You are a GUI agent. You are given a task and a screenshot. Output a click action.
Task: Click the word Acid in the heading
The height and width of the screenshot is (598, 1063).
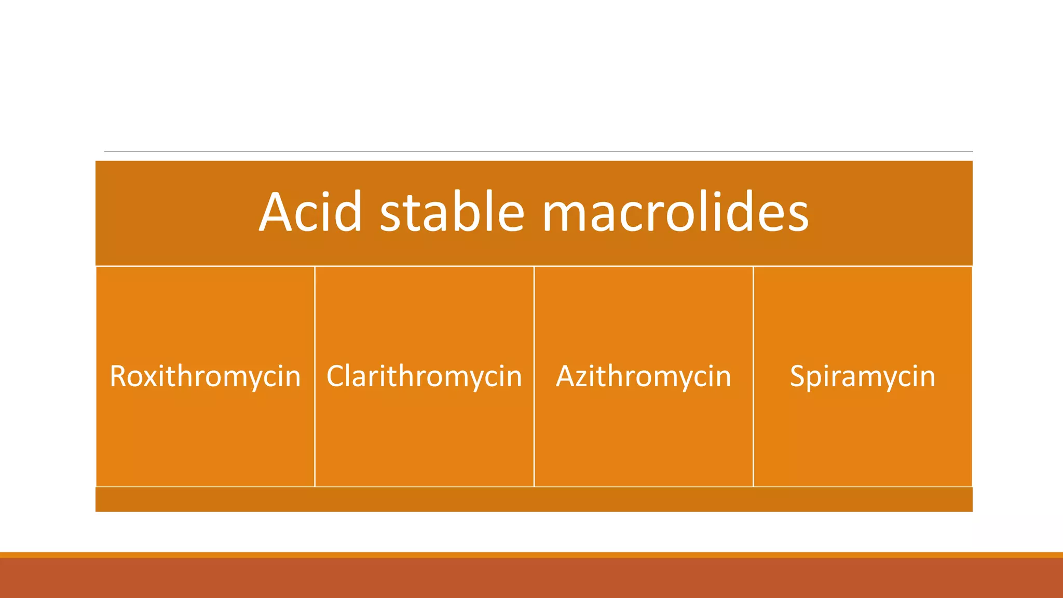coord(310,212)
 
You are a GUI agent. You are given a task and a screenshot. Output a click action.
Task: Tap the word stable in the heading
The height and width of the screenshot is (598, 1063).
coord(452,212)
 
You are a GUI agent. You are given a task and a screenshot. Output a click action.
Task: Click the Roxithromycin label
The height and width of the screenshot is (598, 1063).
coord(205,376)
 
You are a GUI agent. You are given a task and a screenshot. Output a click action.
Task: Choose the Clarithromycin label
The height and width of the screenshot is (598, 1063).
coord(424,376)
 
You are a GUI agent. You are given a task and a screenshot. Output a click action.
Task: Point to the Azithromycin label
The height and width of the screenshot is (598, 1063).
coord(644,376)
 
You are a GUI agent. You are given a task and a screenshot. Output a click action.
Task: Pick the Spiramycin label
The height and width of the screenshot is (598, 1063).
coord(862,376)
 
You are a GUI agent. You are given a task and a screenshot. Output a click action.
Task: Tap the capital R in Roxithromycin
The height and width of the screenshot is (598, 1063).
coord(118,376)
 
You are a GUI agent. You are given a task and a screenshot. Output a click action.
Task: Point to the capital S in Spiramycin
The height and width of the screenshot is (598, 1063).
coord(798,376)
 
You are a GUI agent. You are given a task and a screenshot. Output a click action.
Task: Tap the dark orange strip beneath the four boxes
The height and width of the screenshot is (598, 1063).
coord(534,499)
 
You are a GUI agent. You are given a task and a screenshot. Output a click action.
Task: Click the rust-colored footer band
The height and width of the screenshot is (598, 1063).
coord(531,578)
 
